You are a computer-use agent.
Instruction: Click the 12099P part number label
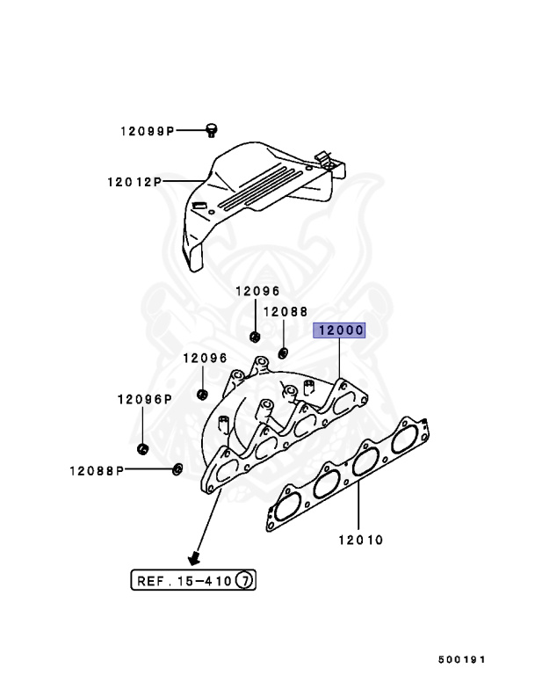(148, 131)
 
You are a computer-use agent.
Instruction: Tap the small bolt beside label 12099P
(211, 131)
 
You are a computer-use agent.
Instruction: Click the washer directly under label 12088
(284, 353)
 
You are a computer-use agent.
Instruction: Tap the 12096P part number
(143, 398)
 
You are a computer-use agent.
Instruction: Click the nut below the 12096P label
(142, 451)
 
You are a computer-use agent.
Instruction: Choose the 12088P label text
(98, 469)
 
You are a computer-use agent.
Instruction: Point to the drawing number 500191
(462, 657)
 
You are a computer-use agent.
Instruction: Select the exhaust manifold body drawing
(281, 422)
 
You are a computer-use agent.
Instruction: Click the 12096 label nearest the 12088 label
(257, 291)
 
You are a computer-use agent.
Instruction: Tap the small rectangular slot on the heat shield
(199, 206)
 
